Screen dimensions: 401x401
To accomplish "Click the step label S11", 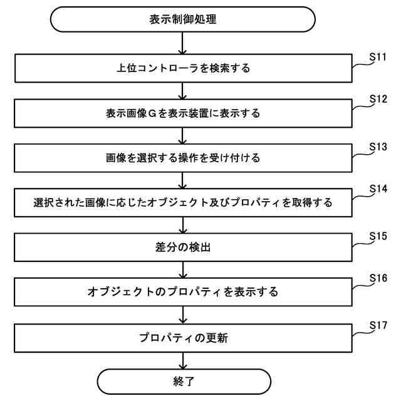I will tap(379, 55).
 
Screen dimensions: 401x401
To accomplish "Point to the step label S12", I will tap(379, 100).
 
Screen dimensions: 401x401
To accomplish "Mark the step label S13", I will tap(379, 145).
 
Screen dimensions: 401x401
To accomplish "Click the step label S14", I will tap(379, 189).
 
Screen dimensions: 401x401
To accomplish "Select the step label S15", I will tap(379, 235).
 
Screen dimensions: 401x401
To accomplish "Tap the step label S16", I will tap(379, 279).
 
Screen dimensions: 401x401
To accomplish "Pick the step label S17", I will tap(379, 325).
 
